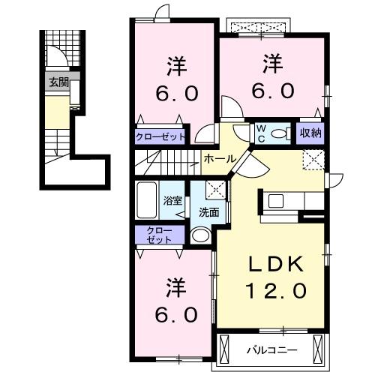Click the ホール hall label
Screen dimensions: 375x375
[x=218, y=159]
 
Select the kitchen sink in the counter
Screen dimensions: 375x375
[x=275, y=200]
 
